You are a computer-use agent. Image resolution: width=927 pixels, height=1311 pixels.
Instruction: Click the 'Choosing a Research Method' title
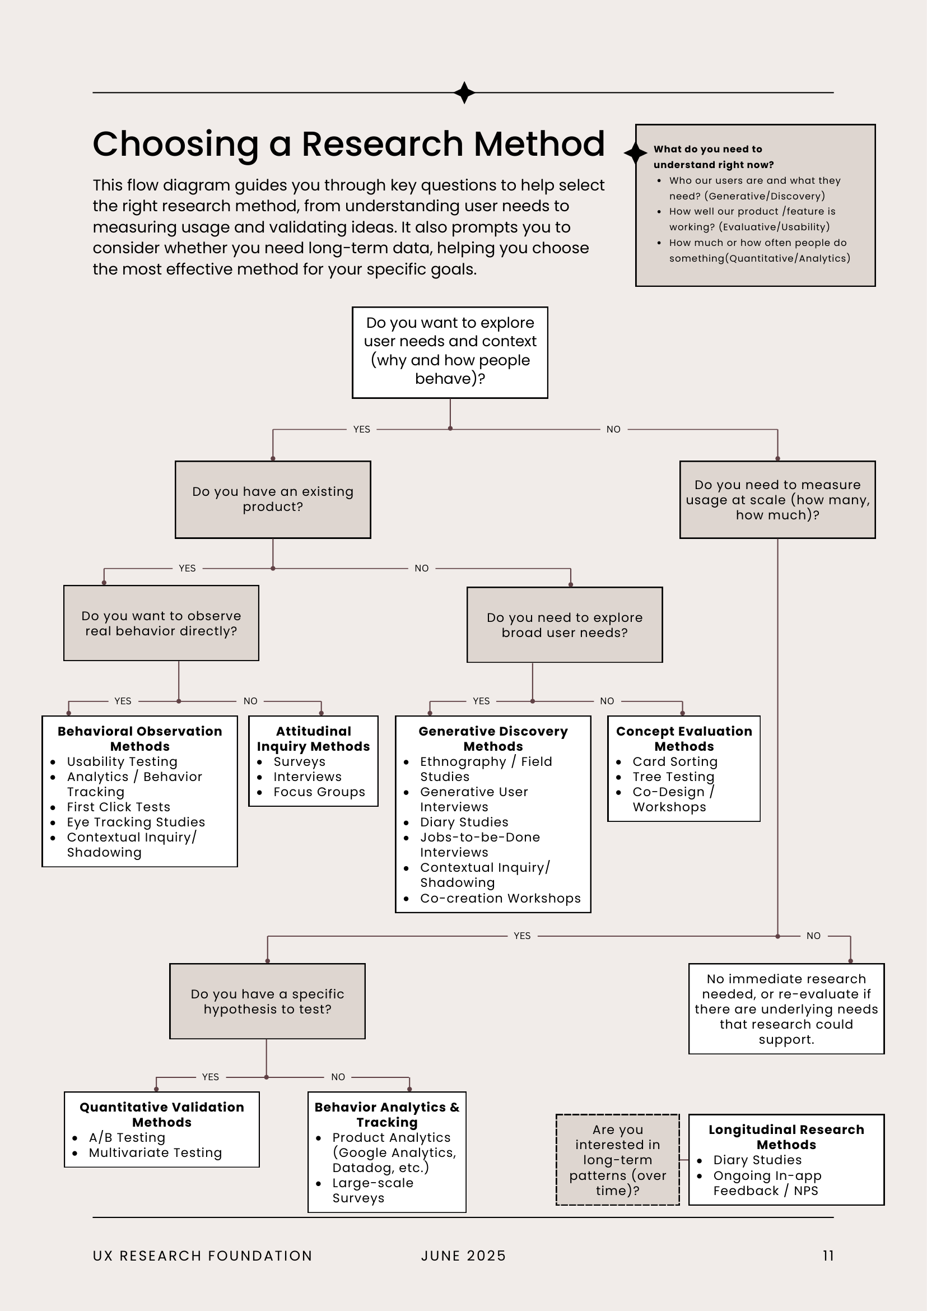348,143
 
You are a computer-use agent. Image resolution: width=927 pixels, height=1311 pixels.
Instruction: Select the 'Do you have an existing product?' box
273,500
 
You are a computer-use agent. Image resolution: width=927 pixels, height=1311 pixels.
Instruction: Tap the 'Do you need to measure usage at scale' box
777,500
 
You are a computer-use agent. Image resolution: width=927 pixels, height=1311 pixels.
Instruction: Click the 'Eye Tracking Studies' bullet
136,822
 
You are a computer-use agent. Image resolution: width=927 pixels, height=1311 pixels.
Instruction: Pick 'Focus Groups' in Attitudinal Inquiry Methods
319,792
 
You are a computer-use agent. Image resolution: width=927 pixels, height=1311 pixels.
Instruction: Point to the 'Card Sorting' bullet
675,762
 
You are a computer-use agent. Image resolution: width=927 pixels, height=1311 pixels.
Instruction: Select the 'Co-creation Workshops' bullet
500,898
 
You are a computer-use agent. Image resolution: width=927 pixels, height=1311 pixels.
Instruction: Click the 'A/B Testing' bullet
127,1137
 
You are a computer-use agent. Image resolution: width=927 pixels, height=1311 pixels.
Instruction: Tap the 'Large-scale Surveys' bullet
372,1191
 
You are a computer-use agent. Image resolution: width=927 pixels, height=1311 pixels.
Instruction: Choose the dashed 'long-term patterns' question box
618,1160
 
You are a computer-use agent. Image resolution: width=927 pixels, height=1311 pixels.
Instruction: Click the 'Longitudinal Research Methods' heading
786,1137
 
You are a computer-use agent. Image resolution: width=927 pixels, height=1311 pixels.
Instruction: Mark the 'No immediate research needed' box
786,1009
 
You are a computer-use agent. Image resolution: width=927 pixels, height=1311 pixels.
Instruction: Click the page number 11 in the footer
828,1256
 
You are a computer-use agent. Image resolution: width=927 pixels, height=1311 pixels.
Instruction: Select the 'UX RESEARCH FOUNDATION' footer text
203,1256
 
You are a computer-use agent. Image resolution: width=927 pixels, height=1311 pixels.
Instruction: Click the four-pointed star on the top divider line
465,92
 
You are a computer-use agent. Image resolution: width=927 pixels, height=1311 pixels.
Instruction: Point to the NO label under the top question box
613,429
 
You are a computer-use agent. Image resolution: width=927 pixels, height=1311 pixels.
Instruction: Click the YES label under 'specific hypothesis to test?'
210,1077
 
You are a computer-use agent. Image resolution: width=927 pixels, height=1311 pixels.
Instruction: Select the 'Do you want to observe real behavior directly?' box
161,623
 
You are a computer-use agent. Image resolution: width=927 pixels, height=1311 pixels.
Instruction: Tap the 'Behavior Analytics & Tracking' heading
386,1114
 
